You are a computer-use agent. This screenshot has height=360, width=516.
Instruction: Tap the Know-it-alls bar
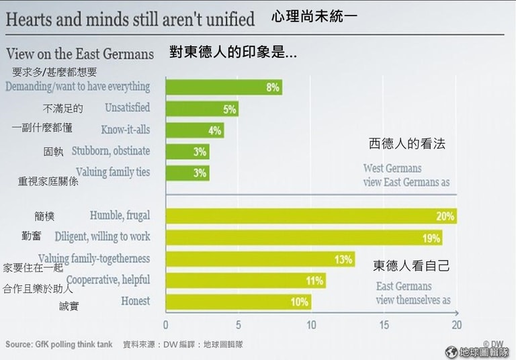194,130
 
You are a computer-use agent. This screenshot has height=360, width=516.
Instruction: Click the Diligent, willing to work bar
303,238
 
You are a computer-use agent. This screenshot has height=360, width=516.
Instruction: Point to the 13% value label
343,259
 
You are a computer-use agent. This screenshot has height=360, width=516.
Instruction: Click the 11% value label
314,281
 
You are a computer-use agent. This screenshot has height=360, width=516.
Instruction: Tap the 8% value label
272,87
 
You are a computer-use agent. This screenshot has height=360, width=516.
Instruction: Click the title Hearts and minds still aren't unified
130,19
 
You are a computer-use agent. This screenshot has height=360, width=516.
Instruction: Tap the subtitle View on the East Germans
80,54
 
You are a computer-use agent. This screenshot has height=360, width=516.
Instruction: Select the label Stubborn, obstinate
110,151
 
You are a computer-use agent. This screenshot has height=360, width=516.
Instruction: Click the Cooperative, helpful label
108,280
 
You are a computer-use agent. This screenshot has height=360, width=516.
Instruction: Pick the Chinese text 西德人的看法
407,144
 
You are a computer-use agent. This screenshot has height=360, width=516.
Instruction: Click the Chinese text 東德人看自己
411,266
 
